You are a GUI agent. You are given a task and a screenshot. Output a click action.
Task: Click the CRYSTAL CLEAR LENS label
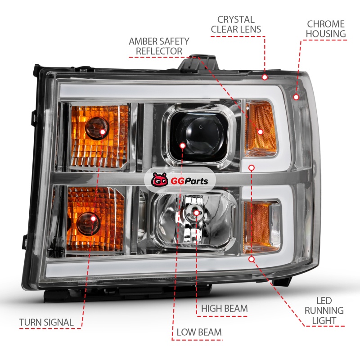pos(236,24)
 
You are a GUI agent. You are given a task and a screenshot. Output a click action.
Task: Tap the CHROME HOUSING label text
pos(326,29)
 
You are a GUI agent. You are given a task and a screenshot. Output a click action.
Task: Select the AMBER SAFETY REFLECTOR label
pos(159,46)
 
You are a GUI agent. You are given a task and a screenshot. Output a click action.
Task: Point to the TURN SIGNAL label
pos(46,322)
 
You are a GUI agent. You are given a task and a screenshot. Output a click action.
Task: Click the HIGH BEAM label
pos(224,308)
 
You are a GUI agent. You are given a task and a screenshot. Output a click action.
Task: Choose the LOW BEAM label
pos(199,332)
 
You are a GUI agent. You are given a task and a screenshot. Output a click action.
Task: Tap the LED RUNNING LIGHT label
pos(324,310)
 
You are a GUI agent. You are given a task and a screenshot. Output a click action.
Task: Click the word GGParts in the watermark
pos(189,181)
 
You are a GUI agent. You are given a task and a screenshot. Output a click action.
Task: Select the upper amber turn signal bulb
pos(97,127)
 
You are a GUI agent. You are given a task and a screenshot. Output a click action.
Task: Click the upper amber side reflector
pos(261,129)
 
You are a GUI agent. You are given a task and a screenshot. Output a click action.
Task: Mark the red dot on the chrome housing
pos(296,97)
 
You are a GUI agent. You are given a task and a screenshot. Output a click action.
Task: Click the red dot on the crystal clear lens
pos(265,77)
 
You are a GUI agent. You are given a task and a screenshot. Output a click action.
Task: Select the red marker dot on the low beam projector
pos(183,145)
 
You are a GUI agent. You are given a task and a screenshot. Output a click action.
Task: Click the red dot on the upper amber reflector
pos(261,132)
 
